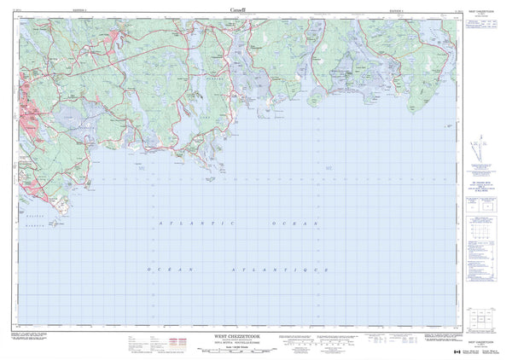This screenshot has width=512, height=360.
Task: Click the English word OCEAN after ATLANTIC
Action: [294, 223]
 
